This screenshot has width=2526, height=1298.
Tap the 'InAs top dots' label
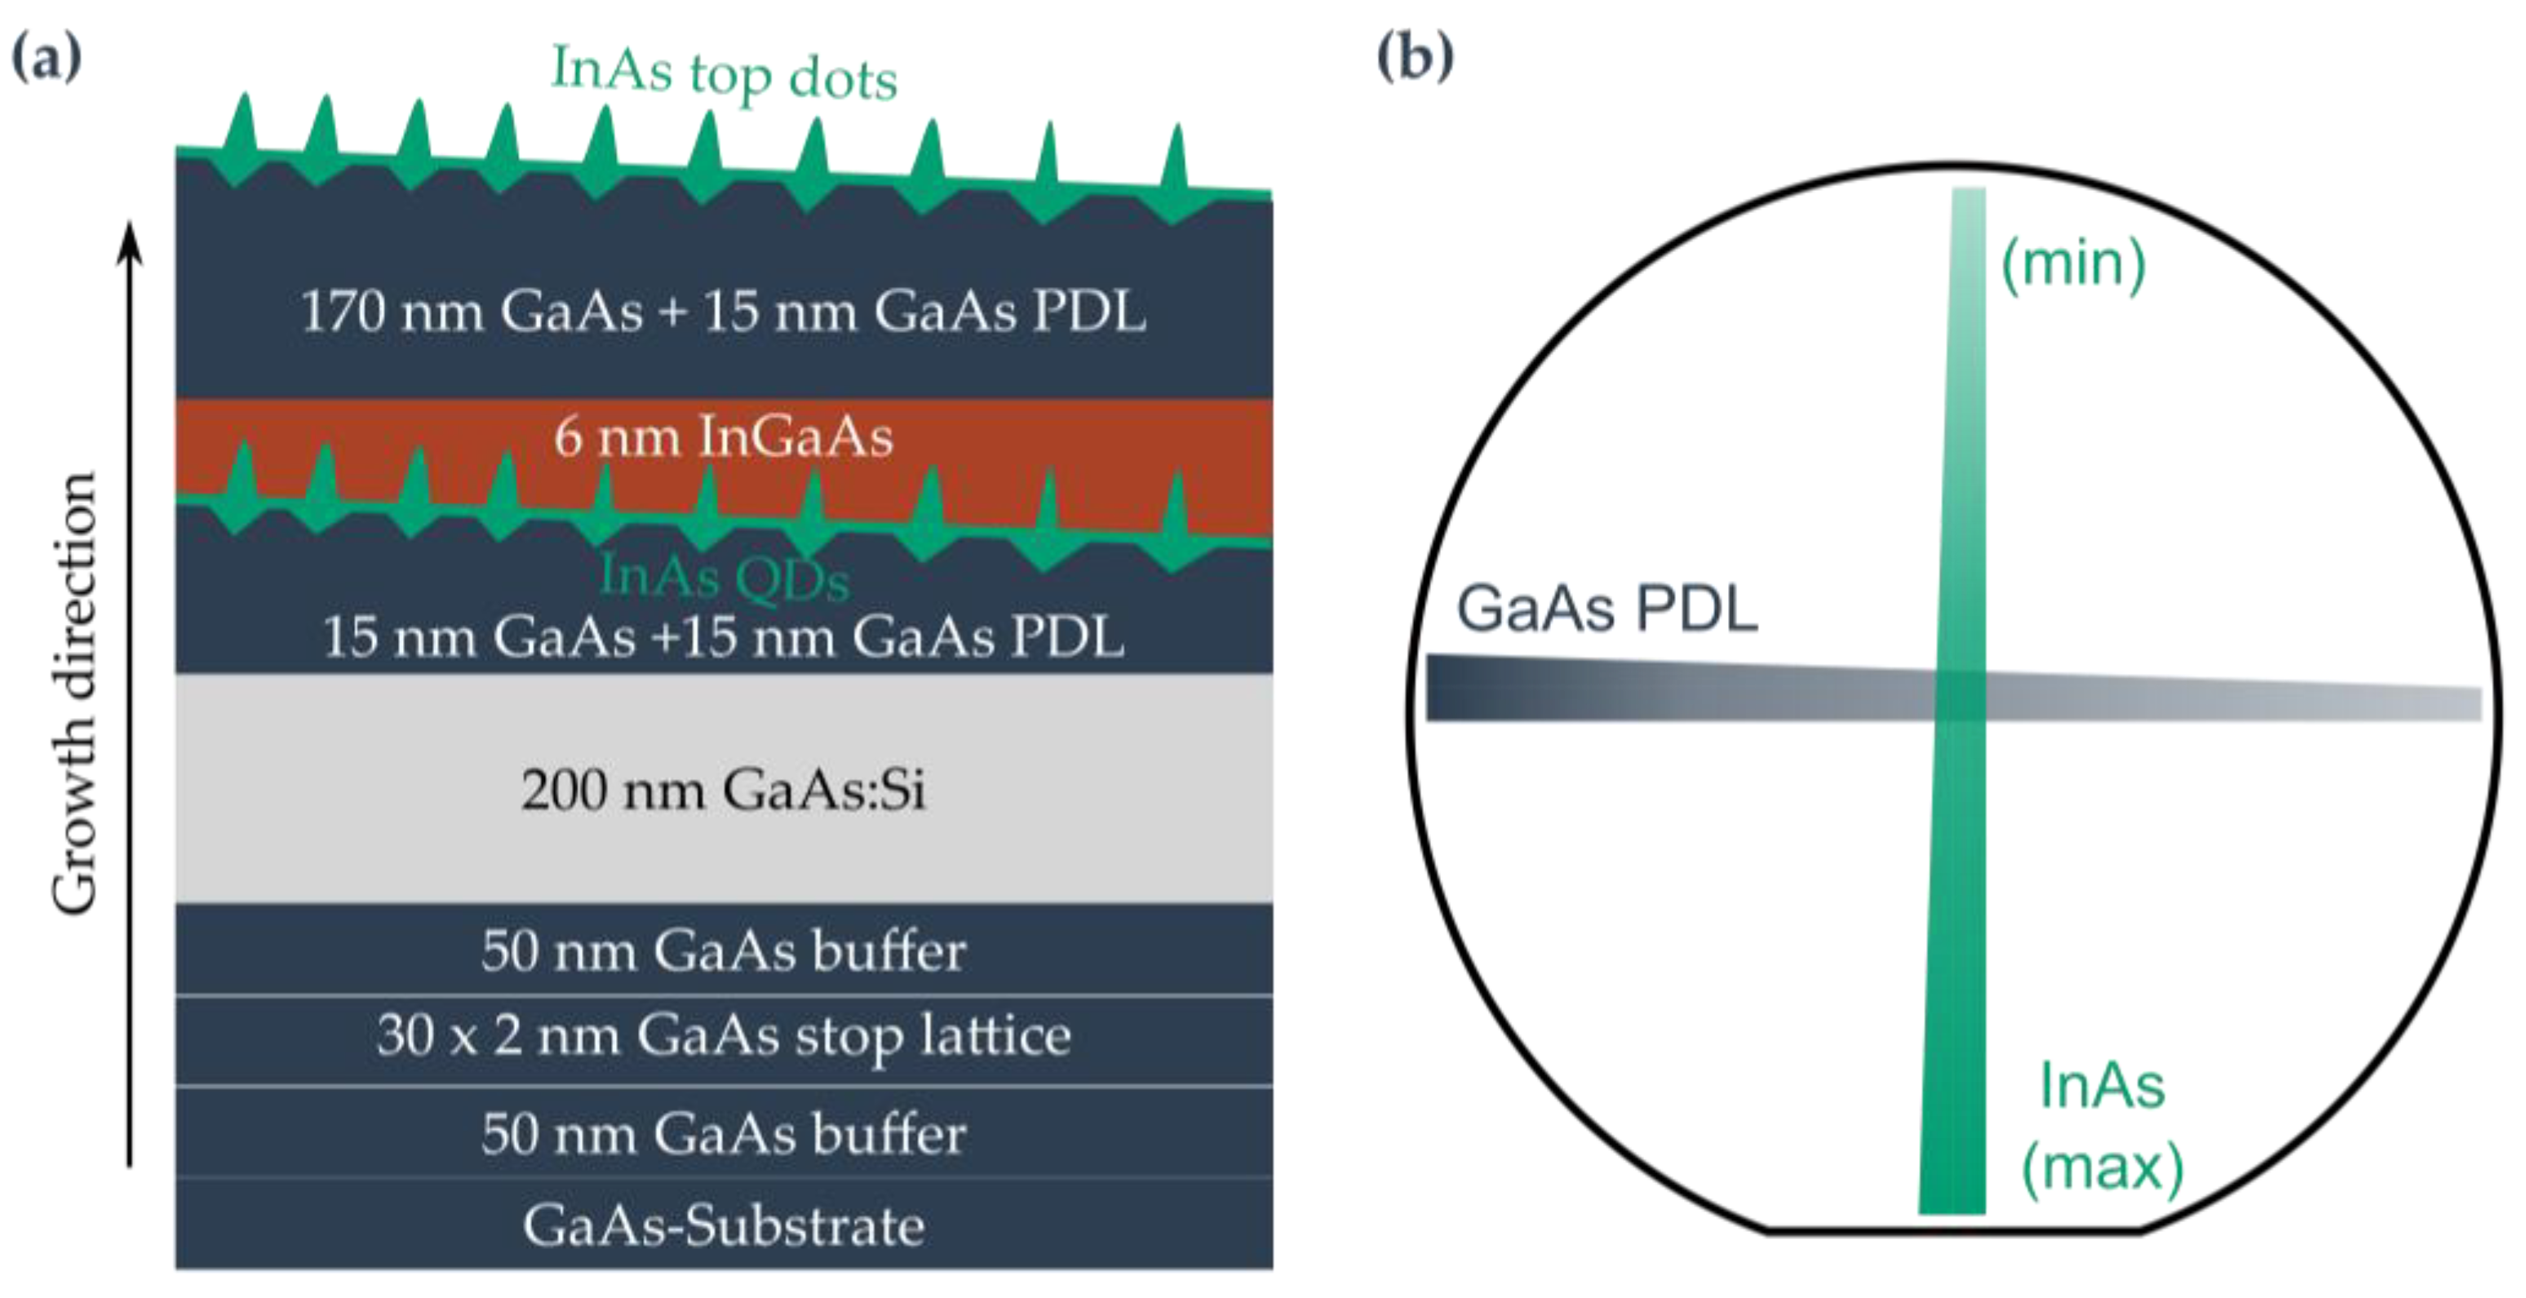pyautogui.click(x=724, y=73)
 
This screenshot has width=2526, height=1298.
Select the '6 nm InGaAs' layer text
pyautogui.click(x=724, y=436)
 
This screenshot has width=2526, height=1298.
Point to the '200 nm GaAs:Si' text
pyautogui.click(x=724, y=789)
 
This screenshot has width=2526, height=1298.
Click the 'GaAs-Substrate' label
pyautogui.click(x=724, y=1226)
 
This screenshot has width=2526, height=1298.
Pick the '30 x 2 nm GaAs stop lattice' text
pyautogui.click(x=724, y=1037)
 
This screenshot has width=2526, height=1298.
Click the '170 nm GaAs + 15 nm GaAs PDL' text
pyautogui.click(x=724, y=312)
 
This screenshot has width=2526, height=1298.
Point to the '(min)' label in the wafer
pyautogui.click(x=2073, y=264)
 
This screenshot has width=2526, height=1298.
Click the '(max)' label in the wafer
pyautogui.click(x=2103, y=1167)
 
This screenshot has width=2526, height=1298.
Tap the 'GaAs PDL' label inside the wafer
pyautogui.click(x=1606, y=609)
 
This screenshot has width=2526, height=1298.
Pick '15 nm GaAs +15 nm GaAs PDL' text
pyautogui.click(x=724, y=637)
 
